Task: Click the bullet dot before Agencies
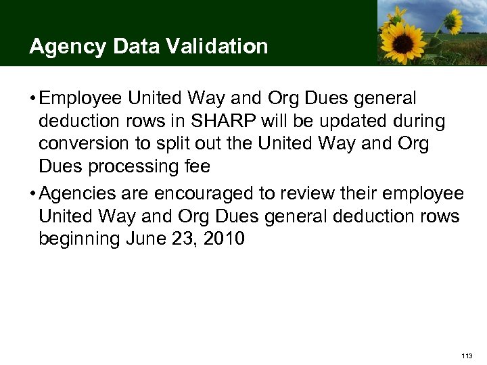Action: [x=32, y=195]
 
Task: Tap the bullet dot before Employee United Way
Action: [x=32, y=99]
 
